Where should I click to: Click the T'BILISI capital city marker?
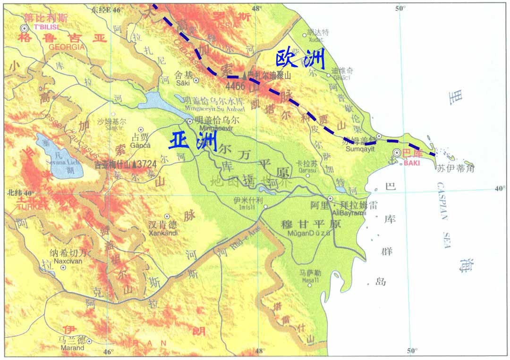click(24, 28)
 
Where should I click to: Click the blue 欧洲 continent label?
click(301, 60)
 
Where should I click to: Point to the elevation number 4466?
click(235, 87)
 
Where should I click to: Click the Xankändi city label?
click(162, 233)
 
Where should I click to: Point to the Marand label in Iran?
click(72, 348)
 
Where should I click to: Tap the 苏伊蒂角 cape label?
click(455, 167)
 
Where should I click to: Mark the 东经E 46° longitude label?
click(107, 9)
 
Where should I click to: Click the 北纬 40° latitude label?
click(21, 193)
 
